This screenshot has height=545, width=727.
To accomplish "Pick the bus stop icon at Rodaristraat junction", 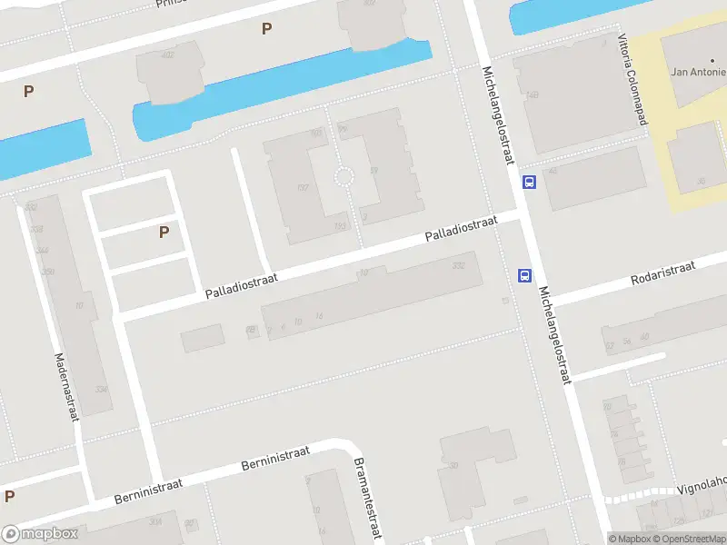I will click(524, 276).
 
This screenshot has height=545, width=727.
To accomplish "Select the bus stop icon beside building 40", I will click(528, 182).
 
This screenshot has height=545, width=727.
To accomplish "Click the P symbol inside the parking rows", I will click(164, 232).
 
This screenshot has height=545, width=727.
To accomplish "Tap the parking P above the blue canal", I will click(266, 29).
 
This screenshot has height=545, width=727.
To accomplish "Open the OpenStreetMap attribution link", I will click(691, 539).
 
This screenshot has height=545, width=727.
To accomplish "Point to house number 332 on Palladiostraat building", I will click(458, 265).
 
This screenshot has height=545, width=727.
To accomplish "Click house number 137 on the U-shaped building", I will click(302, 188).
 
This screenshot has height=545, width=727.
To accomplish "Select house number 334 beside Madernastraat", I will click(100, 390).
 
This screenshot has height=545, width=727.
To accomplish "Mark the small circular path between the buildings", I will click(344, 176).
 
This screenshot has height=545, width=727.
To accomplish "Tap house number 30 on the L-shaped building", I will click(451, 467).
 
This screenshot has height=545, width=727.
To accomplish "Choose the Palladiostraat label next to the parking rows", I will click(240, 283).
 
